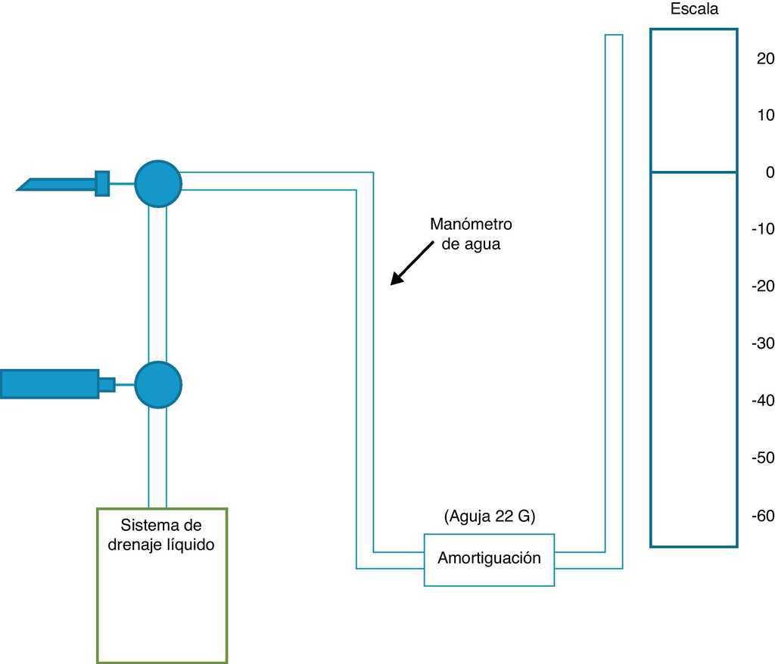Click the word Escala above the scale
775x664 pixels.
tap(694, 10)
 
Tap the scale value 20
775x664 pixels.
tap(765, 58)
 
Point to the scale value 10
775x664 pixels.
tap(765, 115)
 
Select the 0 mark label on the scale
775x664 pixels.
tap(770, 172)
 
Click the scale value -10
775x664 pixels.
tap(762, 229)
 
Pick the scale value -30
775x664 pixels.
tap(762, 343)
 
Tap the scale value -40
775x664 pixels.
tap(762, 400)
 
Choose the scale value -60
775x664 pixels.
tap(762, 516)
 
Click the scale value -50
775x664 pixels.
tap(762, 458)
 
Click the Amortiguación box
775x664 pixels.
tap(489, 560)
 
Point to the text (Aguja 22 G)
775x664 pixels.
tap(489, 517)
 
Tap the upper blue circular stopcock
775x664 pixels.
tap(158, 184)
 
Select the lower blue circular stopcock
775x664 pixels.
tap(158, 384)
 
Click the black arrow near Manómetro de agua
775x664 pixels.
tap(407, 268)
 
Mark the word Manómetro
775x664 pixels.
tap(471, 224)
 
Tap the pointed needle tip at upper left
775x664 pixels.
tap(23, 186)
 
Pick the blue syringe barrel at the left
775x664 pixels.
tap(49, 384)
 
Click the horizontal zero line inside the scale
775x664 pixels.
tap(693, 172)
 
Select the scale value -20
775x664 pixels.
tap(762, 286)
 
